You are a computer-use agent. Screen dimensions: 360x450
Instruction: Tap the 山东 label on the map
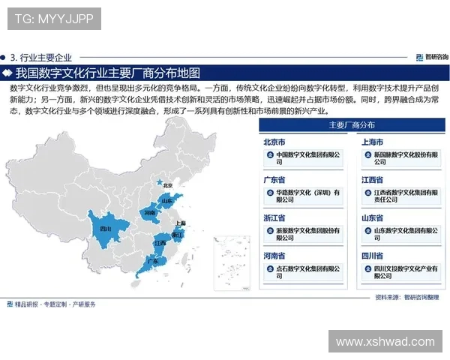(x=166, y=201)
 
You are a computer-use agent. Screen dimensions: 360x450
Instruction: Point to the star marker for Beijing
(x=158, y=181)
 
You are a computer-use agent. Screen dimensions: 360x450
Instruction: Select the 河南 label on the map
(x=150, y=213)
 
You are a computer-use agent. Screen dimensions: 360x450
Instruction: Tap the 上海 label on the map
(x=180, y=223)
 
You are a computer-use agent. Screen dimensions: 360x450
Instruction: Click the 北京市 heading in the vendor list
(x=274, y=142)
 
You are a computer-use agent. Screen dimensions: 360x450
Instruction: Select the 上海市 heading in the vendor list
(x=373, y=142)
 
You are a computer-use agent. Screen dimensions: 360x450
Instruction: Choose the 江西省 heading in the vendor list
(x=373, y=180)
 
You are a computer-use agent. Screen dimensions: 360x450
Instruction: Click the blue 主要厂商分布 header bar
(x=352, y=124)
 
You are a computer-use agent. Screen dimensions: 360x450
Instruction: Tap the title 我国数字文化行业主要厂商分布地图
(x=108, y=73)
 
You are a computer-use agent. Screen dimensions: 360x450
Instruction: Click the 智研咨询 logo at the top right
(x=431, y=56)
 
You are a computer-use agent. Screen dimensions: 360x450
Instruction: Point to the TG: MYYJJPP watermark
(x=54, y=19)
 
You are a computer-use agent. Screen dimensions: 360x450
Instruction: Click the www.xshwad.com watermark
(x=385, y=341)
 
